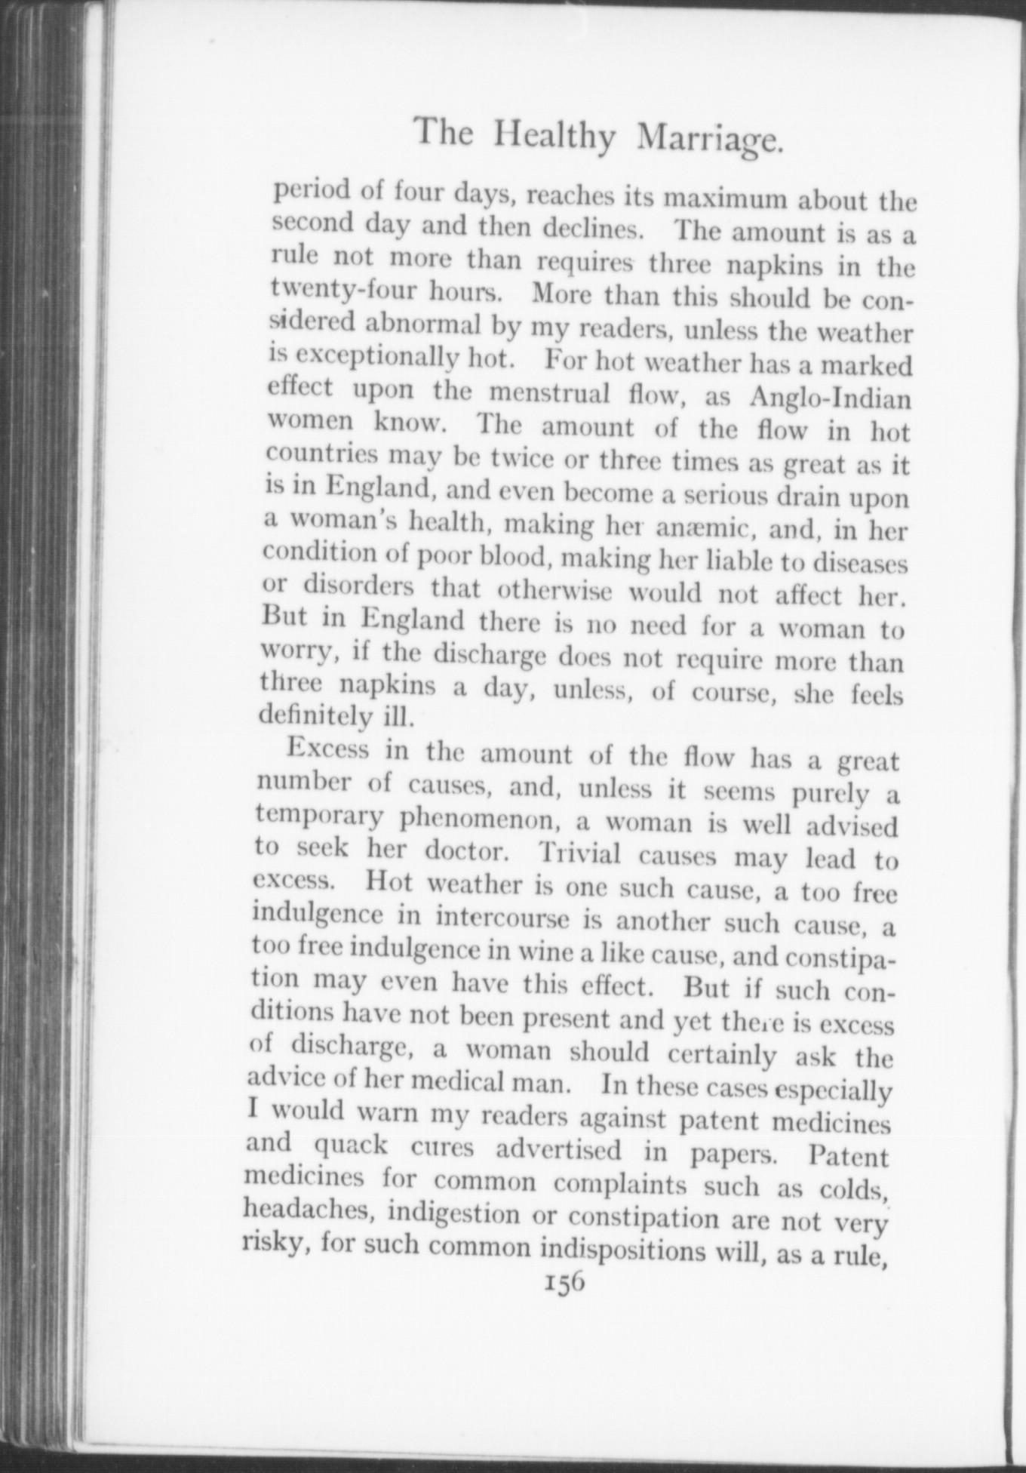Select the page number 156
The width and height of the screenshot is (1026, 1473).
[x=564, y=1282]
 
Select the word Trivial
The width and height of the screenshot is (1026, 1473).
[x=579, y=854]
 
